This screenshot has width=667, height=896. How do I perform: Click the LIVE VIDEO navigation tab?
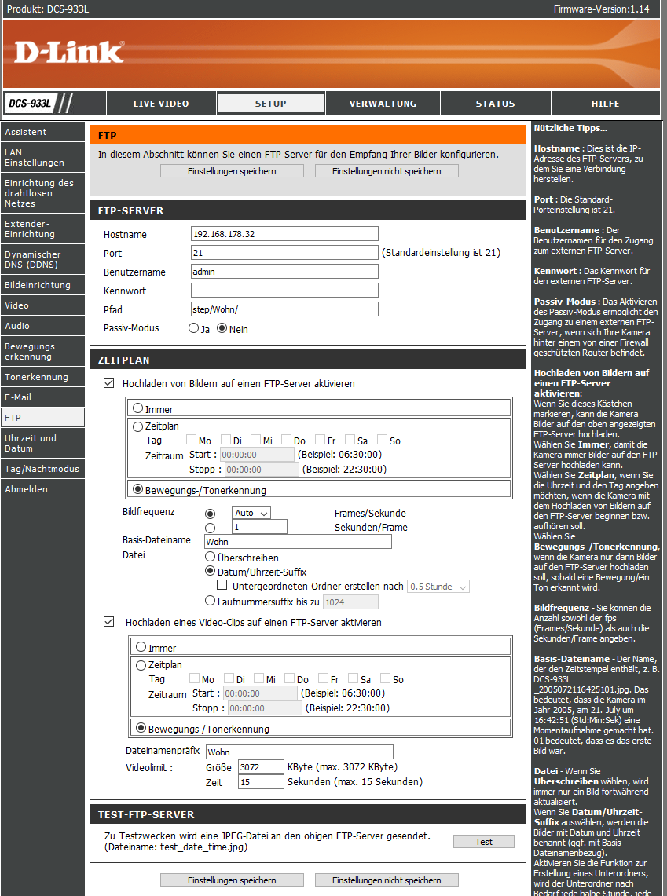160,104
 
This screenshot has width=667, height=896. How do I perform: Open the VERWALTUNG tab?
383,104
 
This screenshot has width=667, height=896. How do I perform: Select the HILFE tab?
605,104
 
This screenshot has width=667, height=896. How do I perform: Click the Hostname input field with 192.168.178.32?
284,234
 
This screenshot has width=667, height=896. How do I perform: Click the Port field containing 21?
284,253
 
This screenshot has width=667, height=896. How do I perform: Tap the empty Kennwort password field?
284,291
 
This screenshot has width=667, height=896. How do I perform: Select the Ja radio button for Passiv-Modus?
193,329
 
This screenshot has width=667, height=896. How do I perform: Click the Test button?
484,842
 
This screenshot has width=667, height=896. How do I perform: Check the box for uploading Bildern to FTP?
109,384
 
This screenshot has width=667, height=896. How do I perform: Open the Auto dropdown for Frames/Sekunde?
251,513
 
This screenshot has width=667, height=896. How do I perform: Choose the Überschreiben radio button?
210,556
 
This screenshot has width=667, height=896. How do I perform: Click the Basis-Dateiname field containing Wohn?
297,541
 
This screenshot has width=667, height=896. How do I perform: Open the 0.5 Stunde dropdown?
438,587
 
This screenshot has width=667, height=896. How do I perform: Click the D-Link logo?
69,52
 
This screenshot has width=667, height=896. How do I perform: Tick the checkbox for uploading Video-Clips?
109,622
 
